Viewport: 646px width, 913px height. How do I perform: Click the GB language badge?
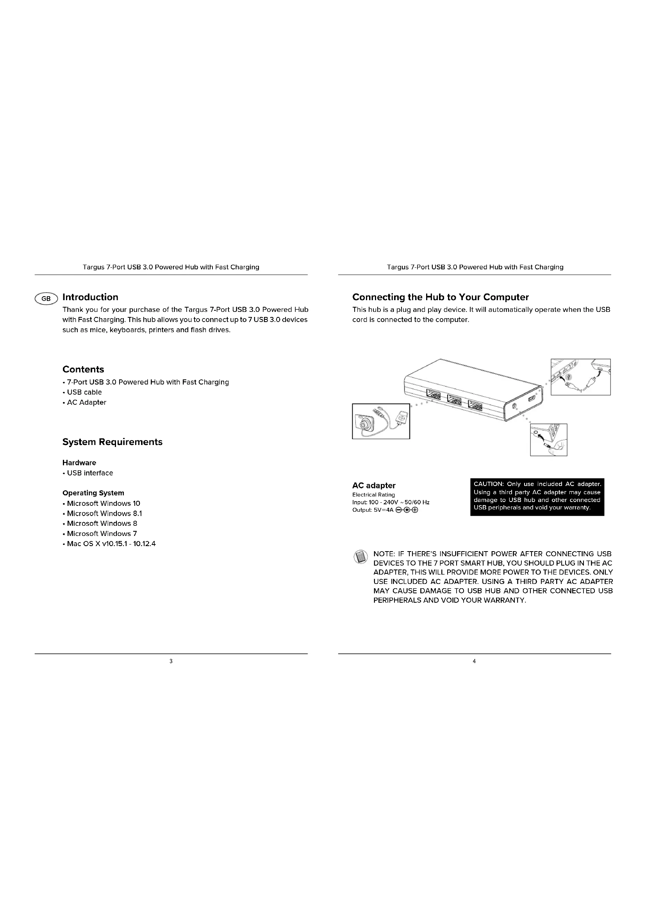pos(46,299)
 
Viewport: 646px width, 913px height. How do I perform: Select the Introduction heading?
pos(90,297)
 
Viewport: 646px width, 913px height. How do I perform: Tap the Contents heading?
pos(83,369)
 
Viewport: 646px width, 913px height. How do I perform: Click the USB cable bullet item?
pos(84,392)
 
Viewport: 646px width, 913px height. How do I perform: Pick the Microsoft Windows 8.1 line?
pos(104,513)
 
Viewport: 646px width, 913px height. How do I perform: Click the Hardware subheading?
pos(79,463)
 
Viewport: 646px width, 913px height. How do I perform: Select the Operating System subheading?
pos(93,493)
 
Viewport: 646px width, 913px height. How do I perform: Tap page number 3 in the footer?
pos(171,661)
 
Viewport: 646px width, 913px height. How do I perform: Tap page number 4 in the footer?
pos(474,661)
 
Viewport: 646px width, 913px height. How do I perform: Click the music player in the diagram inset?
pos(402,418)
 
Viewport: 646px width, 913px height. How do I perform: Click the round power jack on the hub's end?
pos(514,406)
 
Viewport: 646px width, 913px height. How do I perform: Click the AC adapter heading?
pos(374,486)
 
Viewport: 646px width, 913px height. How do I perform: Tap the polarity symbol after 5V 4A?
pos(407,510)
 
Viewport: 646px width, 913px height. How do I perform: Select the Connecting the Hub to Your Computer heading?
pos(440,297)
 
